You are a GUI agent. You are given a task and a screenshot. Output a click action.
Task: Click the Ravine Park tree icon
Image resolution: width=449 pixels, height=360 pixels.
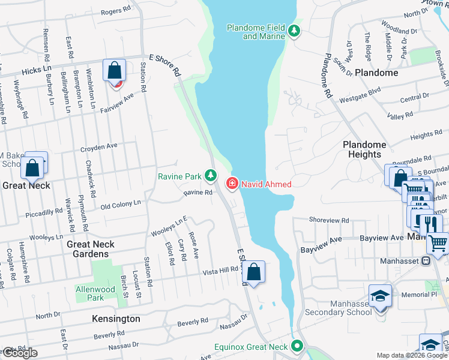210,176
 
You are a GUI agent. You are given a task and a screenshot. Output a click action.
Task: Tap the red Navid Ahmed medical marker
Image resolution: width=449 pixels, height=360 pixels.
231,184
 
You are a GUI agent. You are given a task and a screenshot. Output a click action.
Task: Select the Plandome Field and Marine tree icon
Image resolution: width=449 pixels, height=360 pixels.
294,31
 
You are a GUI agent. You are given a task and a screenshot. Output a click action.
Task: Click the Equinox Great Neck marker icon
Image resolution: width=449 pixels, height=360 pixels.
296,346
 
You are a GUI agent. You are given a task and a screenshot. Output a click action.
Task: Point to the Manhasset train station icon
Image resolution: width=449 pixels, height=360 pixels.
426,261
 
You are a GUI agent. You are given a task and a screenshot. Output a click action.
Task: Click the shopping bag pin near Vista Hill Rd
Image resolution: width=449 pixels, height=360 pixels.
255,272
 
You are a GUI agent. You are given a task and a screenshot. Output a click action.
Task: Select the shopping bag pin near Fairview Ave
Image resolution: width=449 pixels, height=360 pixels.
114,71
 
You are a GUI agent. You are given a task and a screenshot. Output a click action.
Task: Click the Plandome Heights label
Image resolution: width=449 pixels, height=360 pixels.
364,149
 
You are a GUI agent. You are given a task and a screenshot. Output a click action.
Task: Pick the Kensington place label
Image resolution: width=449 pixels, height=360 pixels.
116,319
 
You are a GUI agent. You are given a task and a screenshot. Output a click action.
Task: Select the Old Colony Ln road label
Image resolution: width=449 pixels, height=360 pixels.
120,204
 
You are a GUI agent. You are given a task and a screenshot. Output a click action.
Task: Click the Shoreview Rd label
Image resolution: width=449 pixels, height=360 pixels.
329,220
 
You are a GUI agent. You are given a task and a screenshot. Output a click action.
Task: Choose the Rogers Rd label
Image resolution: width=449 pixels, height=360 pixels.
115,11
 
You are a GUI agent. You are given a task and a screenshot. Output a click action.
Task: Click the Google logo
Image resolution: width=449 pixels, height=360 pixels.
19,353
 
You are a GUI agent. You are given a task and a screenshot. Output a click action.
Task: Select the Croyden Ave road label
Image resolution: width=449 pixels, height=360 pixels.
100,146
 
